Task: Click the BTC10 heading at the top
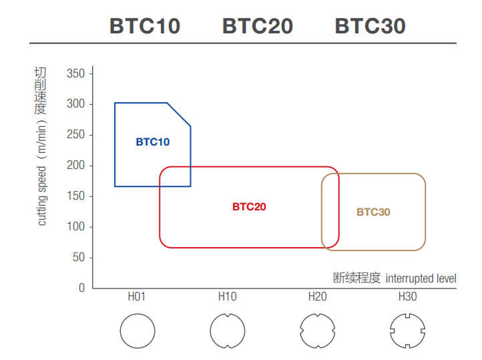144,26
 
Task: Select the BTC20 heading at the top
257,26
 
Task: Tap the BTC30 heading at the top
370,26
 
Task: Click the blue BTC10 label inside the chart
153,142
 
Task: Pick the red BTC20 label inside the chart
249,207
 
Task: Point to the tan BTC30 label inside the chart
373,212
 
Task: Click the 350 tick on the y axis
76,73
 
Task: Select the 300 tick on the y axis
76,104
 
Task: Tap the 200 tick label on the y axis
76,166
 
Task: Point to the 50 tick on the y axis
79,258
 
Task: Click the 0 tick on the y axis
82,289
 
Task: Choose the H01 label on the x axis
137,297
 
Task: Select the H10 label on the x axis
227,297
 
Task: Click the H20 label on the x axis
317,297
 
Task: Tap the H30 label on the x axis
407,297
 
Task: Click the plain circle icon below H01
137,331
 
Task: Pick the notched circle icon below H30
407,331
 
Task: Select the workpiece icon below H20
317,331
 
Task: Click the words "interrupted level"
421,278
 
